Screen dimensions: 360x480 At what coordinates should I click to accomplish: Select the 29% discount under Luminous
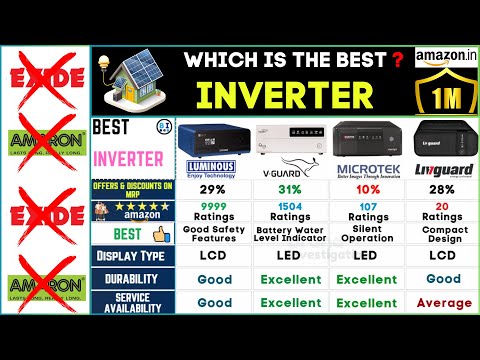(x=212, y=191)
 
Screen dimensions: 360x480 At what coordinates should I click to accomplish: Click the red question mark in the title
(x=396, y=57)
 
